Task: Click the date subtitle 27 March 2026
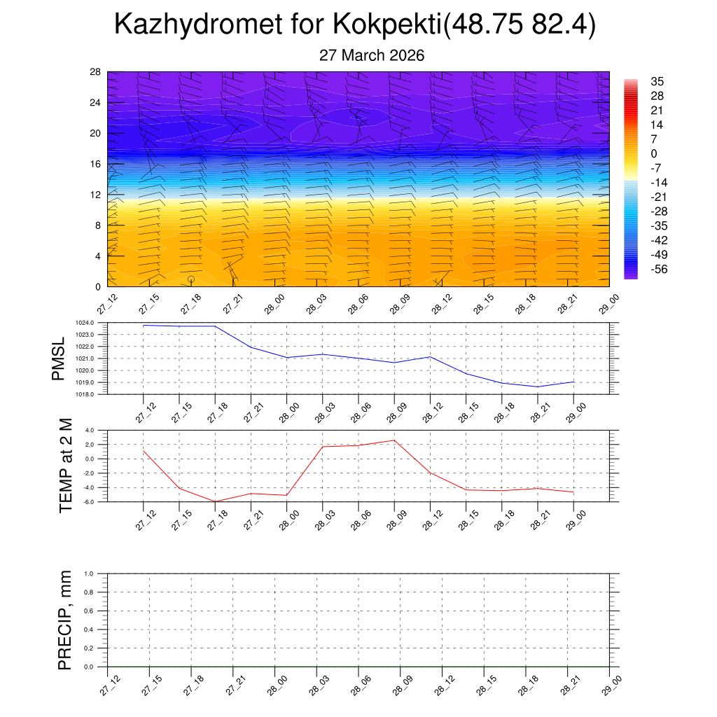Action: pos(372,55)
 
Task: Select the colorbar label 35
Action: pos(657,81)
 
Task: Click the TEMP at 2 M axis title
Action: pos(66,465)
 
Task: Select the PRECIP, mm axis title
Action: pos(65,620)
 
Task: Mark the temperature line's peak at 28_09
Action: pos(394,440)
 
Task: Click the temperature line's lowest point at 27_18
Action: pos(215,501)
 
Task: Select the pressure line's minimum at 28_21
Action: pos(538,387)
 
